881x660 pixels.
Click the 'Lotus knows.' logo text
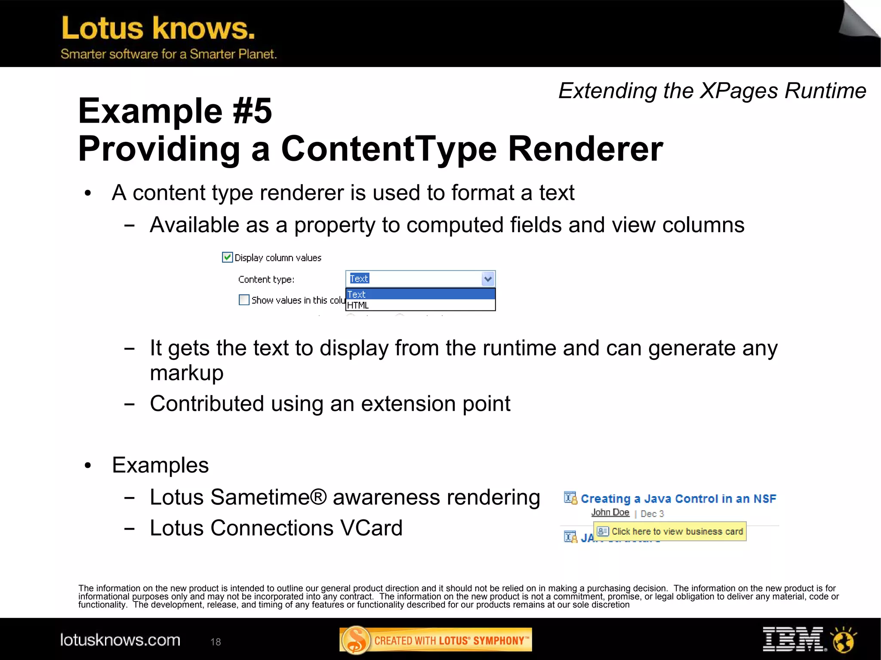(x=158, y=28)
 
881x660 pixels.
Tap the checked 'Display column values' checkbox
(x=227, y=257)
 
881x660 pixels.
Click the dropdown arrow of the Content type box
(x=488, y=279)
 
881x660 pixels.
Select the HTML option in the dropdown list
(x=358, y=305)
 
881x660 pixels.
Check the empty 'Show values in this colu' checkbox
(x=244, y=300)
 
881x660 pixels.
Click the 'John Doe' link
(x=610, y=513)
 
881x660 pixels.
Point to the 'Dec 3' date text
(x=652, y=514)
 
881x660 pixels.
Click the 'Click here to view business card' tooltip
(x=670, y=531)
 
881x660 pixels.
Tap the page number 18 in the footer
(x=216, y=642)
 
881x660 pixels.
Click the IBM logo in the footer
(x=792, y=639)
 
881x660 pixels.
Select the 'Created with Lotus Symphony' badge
(x=435, y=640)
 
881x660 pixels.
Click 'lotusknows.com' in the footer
(x=120, y=640)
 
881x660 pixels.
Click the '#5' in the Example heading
(x=252, y=111)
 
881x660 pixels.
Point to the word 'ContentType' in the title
(x=389, y=149)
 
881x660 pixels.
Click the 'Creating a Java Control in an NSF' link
(x=678, y=499)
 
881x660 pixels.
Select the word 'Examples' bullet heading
(x=160, y=465)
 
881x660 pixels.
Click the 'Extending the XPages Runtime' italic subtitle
(x=712, y=91)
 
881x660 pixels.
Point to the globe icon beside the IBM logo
(x=844, y=639)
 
